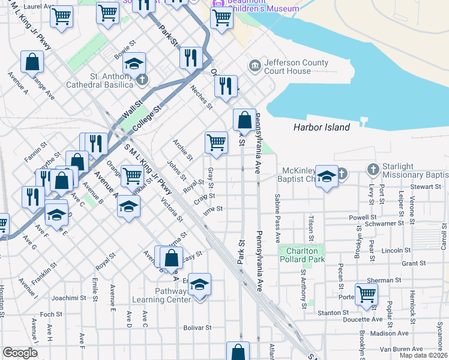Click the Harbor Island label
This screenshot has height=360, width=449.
(321, 127)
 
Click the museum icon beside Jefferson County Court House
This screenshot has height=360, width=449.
(255, 65)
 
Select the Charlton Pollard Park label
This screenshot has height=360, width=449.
(301, 255)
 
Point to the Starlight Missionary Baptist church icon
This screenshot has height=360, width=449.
(373, 170)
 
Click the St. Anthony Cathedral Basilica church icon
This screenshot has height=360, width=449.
(142, 79)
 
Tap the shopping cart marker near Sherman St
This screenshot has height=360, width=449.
(366, 294)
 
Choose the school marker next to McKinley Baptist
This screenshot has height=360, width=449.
(327, 176)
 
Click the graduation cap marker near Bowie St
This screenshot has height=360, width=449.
(136, 64)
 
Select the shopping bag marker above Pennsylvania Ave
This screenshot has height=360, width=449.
(244, 120)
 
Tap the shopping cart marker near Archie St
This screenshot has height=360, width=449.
(216, 143)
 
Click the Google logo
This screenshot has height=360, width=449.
(20, 352)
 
